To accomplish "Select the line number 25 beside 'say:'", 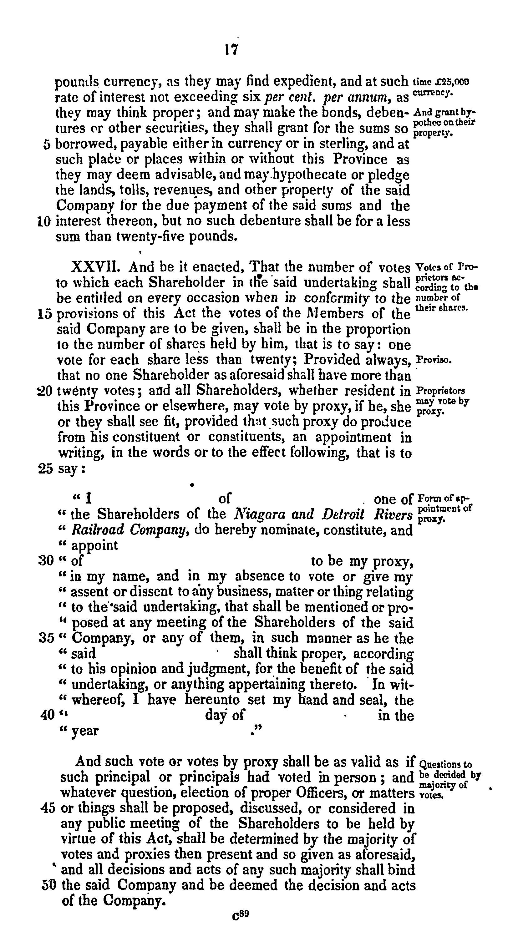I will click(x=46, y=468).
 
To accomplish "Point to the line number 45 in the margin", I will click(x=47, y=808).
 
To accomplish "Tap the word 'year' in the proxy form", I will click(x=85, y=731).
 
